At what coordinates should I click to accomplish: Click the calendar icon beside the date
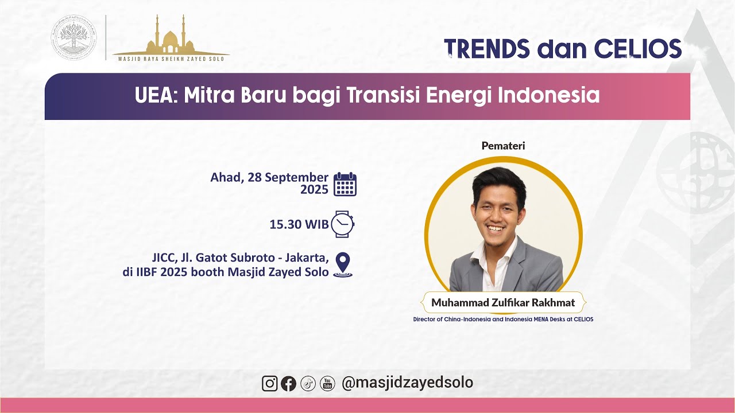[x=345, y=184]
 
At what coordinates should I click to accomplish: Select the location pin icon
[x=343, y=264]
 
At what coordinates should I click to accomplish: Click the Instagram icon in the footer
[x=270, y=383]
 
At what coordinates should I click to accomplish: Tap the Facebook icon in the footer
[x=289, y=383]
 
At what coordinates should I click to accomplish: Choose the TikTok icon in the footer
[x=308, y=383]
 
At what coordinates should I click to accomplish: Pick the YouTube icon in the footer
[x=327, y=383]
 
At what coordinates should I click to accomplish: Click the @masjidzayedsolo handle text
[x=407, y=383]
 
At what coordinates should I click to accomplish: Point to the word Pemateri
[x=503, y=146]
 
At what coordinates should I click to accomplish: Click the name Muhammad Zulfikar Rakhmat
[x=503, y=302]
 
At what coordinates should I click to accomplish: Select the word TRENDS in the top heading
[x=487, y=49]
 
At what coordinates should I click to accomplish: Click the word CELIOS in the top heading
[x=637, y=49]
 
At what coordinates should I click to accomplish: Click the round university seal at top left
[x=75, y=37]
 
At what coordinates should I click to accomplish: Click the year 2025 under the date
[x=314, y=190]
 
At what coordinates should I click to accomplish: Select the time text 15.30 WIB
[x=299, y=224]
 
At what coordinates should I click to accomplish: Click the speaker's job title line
[x=503, y=319]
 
